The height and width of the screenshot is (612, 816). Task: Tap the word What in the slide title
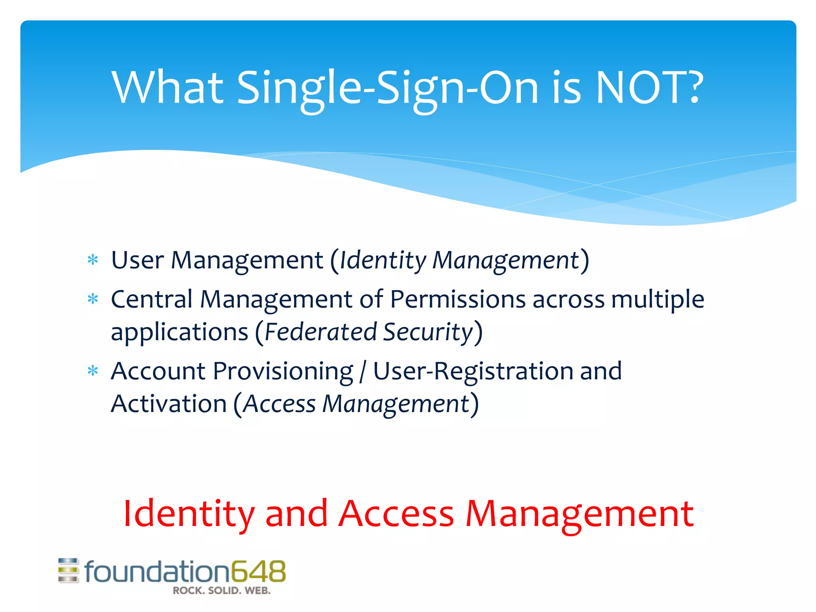[x=167, y=88]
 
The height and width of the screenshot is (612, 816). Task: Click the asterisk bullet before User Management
[x=93, y=261]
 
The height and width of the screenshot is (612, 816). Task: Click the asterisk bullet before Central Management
[x=93, y=299]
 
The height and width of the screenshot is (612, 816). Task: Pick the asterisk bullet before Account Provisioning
[x=93, y=371]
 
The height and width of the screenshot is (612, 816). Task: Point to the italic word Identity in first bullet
[x=382, y=261]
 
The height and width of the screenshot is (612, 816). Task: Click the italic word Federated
[x=321, y=332]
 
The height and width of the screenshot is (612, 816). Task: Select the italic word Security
[x=428, y=332]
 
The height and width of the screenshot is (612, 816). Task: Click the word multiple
[x=658, y=299]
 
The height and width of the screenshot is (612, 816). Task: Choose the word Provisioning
[x=283, y=371]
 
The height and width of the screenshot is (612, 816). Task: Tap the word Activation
[x=169, y=404]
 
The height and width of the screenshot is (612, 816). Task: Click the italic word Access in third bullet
[x=279, y=404]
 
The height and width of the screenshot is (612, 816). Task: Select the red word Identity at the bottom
[x=188, y=514]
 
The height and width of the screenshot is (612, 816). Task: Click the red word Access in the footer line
[x=396, y=514]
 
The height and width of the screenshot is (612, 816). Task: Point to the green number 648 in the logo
[x=259, y=571]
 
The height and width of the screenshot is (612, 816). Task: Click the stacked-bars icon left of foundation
[x=69, y=571]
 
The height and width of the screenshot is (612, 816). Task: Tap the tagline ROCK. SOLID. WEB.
[x=222, y=591]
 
